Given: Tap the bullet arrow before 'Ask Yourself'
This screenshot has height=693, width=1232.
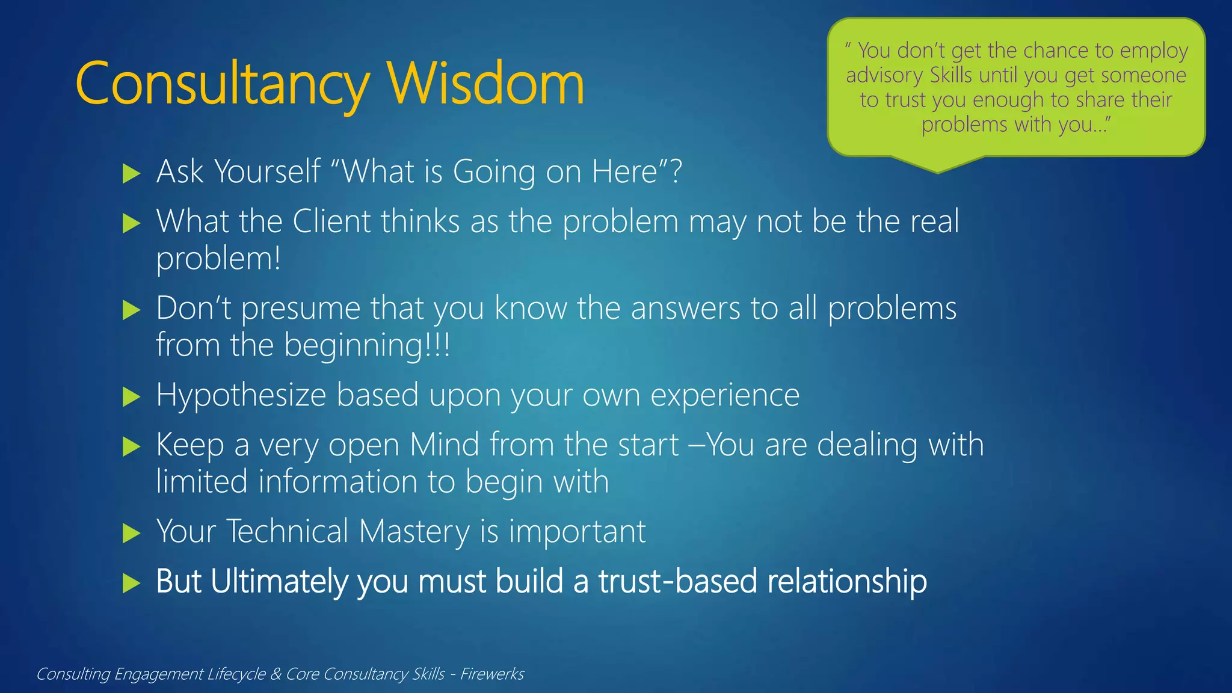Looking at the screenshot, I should [131, 174].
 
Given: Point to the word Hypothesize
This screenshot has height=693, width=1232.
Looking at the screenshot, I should [241, 396].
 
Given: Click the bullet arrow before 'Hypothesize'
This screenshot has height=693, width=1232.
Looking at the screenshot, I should [131, 397].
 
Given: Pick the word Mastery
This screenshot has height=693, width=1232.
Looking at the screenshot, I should [414, 532].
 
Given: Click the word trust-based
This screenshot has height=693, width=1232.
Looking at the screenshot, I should [677, 582].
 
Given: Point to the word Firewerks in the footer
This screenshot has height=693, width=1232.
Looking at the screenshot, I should [492, 674].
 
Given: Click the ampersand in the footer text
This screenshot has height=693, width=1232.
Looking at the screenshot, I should [276, 674].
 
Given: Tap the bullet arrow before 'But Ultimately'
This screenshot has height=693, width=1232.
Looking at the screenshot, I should [131, 583].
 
